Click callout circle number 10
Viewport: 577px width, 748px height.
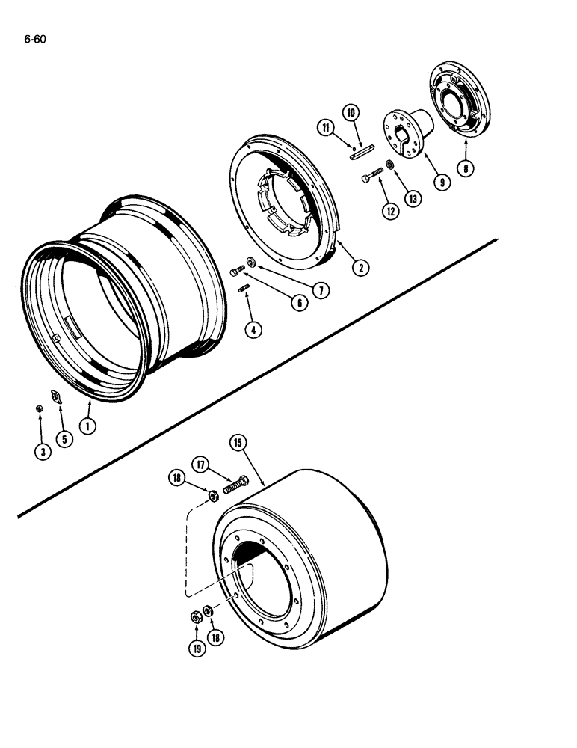pos(351,113)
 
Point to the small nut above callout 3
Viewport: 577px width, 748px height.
pos(39,409)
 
